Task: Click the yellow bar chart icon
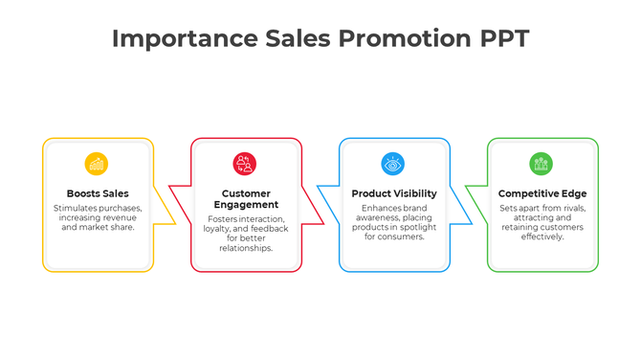[x=97, y=164]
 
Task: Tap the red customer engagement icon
[x=245, y=164]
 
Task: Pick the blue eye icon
[x=393, y=164]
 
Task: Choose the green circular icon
[x=542, y=164]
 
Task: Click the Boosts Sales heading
[x=98, y=193]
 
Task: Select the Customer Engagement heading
[x=246, y=199]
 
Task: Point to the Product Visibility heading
[x=393, y=193]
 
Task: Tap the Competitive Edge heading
[x=542, y=193]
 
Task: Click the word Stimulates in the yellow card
[x=74, y=208]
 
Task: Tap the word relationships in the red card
[x=246, y=248]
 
